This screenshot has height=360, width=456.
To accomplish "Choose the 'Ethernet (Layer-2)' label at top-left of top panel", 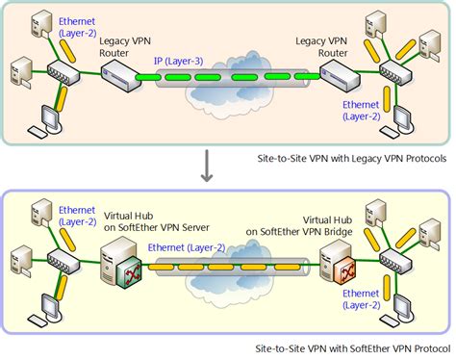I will pos(76,25).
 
